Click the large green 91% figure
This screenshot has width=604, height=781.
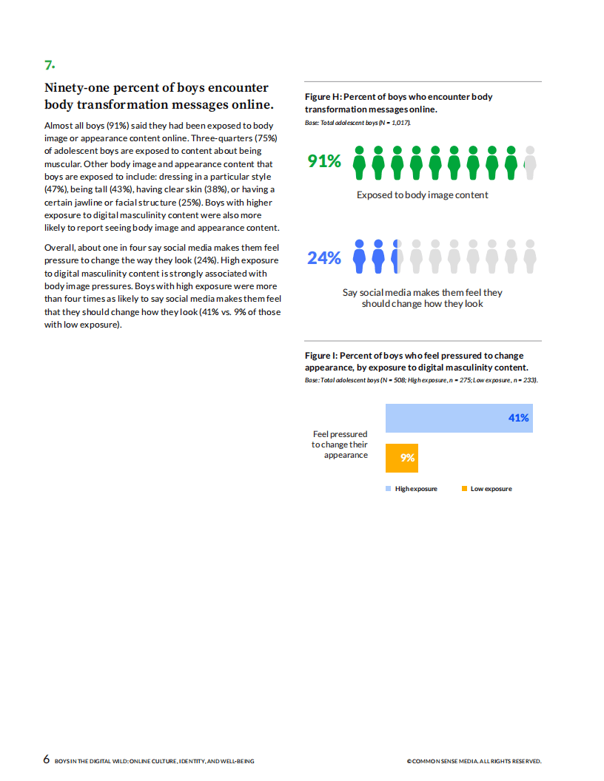click(x=324, y=161)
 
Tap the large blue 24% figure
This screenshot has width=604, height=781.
click(x=324, y=258)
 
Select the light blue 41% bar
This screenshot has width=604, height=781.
click(x=459, y=418)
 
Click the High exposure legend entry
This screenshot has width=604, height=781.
click(x=412, y=489)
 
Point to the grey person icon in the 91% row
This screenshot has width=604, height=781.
click(x=529, y=163)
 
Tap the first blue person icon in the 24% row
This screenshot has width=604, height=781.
click(x=360, y=256)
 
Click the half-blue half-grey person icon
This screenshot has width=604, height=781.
click(x=397, y=256)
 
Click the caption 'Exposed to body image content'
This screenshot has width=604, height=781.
click(x=423, y=195)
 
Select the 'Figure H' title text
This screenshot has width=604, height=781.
click(x=398, y=103)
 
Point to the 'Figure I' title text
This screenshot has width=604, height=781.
click(x=416, y=362)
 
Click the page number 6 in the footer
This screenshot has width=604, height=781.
click(x=47, y=759)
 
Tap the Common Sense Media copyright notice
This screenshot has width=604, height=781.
click(x=474, y=761)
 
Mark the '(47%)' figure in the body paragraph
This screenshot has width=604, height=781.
click(x=57, y=189)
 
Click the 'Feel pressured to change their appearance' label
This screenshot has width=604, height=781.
click(x=340, y=444)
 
